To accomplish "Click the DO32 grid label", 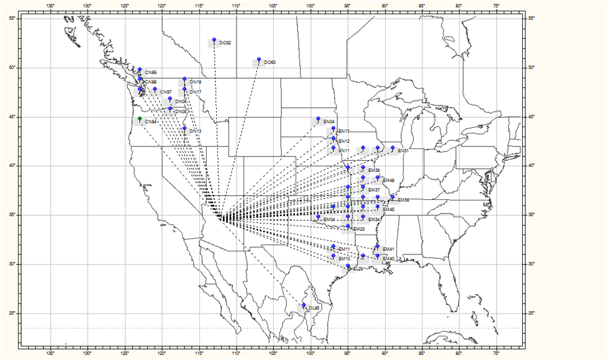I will (225, 43).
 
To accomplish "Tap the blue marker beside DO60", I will (259, 60).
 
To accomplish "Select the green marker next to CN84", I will (140, 118).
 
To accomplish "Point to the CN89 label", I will (150, 73).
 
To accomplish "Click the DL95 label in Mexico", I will (314, 308).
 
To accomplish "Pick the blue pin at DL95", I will (304, 305).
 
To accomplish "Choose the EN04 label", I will (329, 122).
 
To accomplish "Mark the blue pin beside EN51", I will (392, 148).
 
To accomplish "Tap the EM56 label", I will (404, 200).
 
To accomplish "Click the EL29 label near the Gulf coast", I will (357, 269).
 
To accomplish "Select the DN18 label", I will (195, 82).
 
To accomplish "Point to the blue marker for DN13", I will (184, 128).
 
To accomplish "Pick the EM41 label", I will (389, 249).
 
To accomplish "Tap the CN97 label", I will (166, 92).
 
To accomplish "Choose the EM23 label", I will (359, 230).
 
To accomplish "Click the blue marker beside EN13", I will (333, 128).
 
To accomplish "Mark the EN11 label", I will (344, 151).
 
